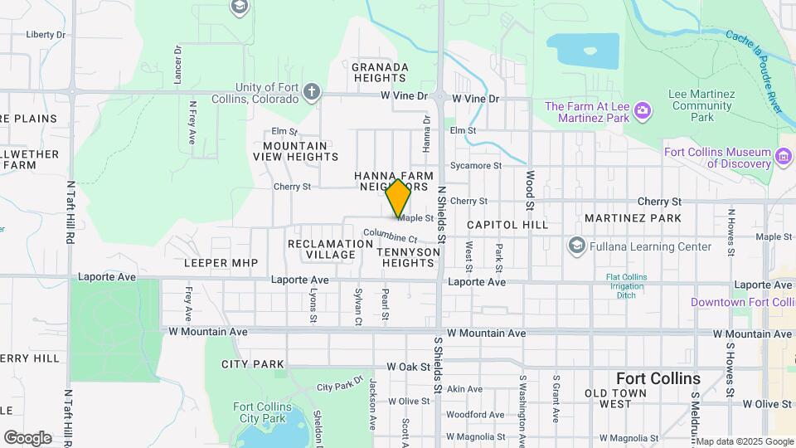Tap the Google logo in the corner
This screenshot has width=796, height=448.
[x=27, y=438]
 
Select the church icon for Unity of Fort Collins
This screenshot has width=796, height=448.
[x=311, y=92]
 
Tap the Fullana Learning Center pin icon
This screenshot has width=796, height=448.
[x=577, y=246]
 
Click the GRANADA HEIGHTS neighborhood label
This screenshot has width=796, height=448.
[x=380, y=72]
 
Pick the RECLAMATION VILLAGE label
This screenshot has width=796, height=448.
[x=330, y=249]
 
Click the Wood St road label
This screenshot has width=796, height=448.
[x=529, y=191]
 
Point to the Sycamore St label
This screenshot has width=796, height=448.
[x=476, y=166]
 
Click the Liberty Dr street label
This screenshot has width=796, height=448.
[x=46, y=35]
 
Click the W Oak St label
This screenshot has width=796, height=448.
[x=407, y=366]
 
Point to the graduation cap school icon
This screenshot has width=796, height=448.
[x=240, y=7]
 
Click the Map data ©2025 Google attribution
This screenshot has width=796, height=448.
[x=743, y=441]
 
